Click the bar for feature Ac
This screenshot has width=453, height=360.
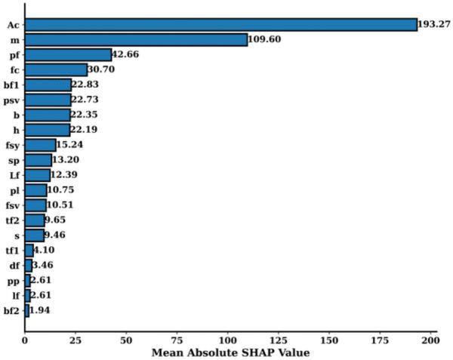[220, 25]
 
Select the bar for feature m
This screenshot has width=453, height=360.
[136, 39]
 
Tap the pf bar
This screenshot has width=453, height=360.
[68, 54]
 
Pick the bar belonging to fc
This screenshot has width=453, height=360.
[56, 69]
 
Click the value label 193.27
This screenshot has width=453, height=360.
[436, 25]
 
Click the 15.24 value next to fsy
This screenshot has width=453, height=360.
[71, 145]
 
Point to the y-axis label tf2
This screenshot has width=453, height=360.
[13, 220]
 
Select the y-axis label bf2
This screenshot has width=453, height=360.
[12, 310]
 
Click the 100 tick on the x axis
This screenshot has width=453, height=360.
[227, 340]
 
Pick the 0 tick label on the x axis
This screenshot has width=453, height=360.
[25, 340]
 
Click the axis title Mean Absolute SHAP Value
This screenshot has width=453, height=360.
[230, 352]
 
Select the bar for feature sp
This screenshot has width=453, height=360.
[39, 160]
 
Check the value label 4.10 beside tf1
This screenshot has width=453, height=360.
[48, 250]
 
